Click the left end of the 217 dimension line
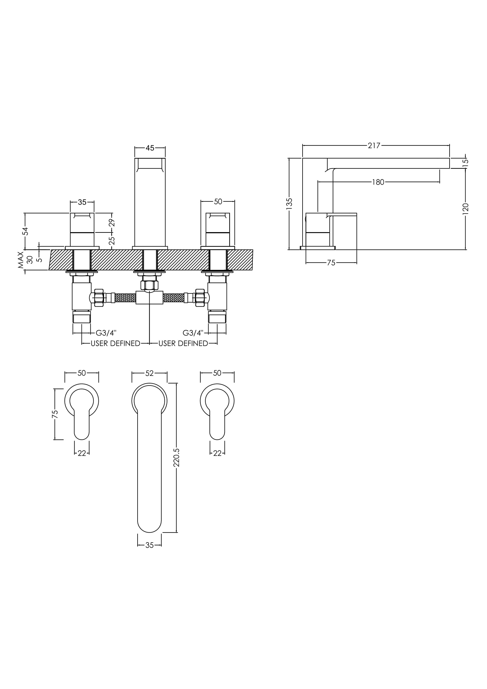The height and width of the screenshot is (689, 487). point(303,146)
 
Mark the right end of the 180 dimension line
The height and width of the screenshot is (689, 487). point(440,182)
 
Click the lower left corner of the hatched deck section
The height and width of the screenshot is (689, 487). point(49,270)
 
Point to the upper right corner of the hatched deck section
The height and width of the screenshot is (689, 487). point(253,250)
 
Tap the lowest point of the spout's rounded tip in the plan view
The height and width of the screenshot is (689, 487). point(149,533)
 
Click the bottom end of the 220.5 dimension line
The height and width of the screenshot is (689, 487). point(176,533)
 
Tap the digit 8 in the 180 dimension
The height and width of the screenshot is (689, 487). point(378,182)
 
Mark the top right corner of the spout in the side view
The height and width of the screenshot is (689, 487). point(450,158)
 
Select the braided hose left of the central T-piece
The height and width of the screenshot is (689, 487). point(125,298)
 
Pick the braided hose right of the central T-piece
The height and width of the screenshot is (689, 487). point(174,298)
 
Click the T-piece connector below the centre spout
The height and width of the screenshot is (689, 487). point(149,298)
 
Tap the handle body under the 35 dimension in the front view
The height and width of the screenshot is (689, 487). point(82,229)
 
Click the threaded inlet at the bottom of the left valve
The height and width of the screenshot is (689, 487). point(82,317)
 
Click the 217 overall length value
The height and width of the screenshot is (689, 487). point(374,146)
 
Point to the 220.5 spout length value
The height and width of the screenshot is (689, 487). point(176,458)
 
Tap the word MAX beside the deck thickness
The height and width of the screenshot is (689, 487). point(21,260)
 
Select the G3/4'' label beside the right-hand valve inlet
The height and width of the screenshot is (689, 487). point(193,333)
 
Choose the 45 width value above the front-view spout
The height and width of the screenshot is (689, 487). point(150,148)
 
